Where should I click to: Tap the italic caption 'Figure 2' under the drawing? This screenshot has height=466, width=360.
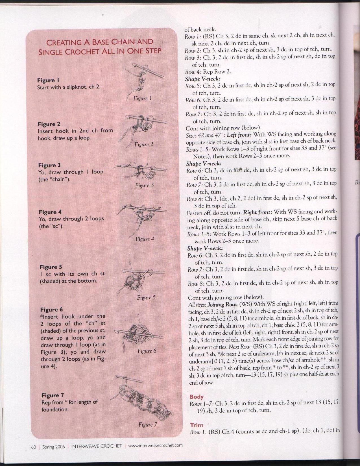pos(143,145)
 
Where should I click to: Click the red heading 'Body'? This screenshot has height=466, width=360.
pos(197,397)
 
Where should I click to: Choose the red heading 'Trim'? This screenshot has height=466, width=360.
pos(197,425)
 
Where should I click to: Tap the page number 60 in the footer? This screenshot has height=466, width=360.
pos(34,447)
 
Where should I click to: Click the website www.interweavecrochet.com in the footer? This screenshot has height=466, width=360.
pos(155,446)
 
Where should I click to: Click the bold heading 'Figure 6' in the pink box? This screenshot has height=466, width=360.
pos(51,310)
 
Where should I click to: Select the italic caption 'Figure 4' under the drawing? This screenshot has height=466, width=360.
pos(145,239)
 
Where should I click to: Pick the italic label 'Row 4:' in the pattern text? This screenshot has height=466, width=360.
pos(193,72)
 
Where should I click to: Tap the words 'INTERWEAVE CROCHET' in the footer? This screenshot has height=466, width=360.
pos(97,447)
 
